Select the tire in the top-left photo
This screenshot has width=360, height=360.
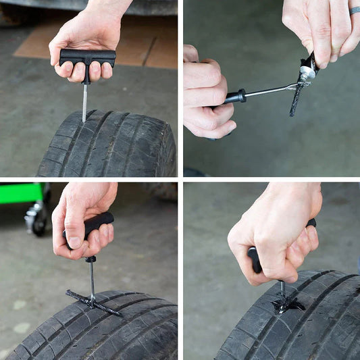(108, 145)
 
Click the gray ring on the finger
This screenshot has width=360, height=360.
(355, 10)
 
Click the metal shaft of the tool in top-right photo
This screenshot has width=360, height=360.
(267, 91)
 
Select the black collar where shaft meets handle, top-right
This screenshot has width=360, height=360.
(236, 97)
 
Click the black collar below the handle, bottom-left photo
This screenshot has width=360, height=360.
(90, 259)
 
